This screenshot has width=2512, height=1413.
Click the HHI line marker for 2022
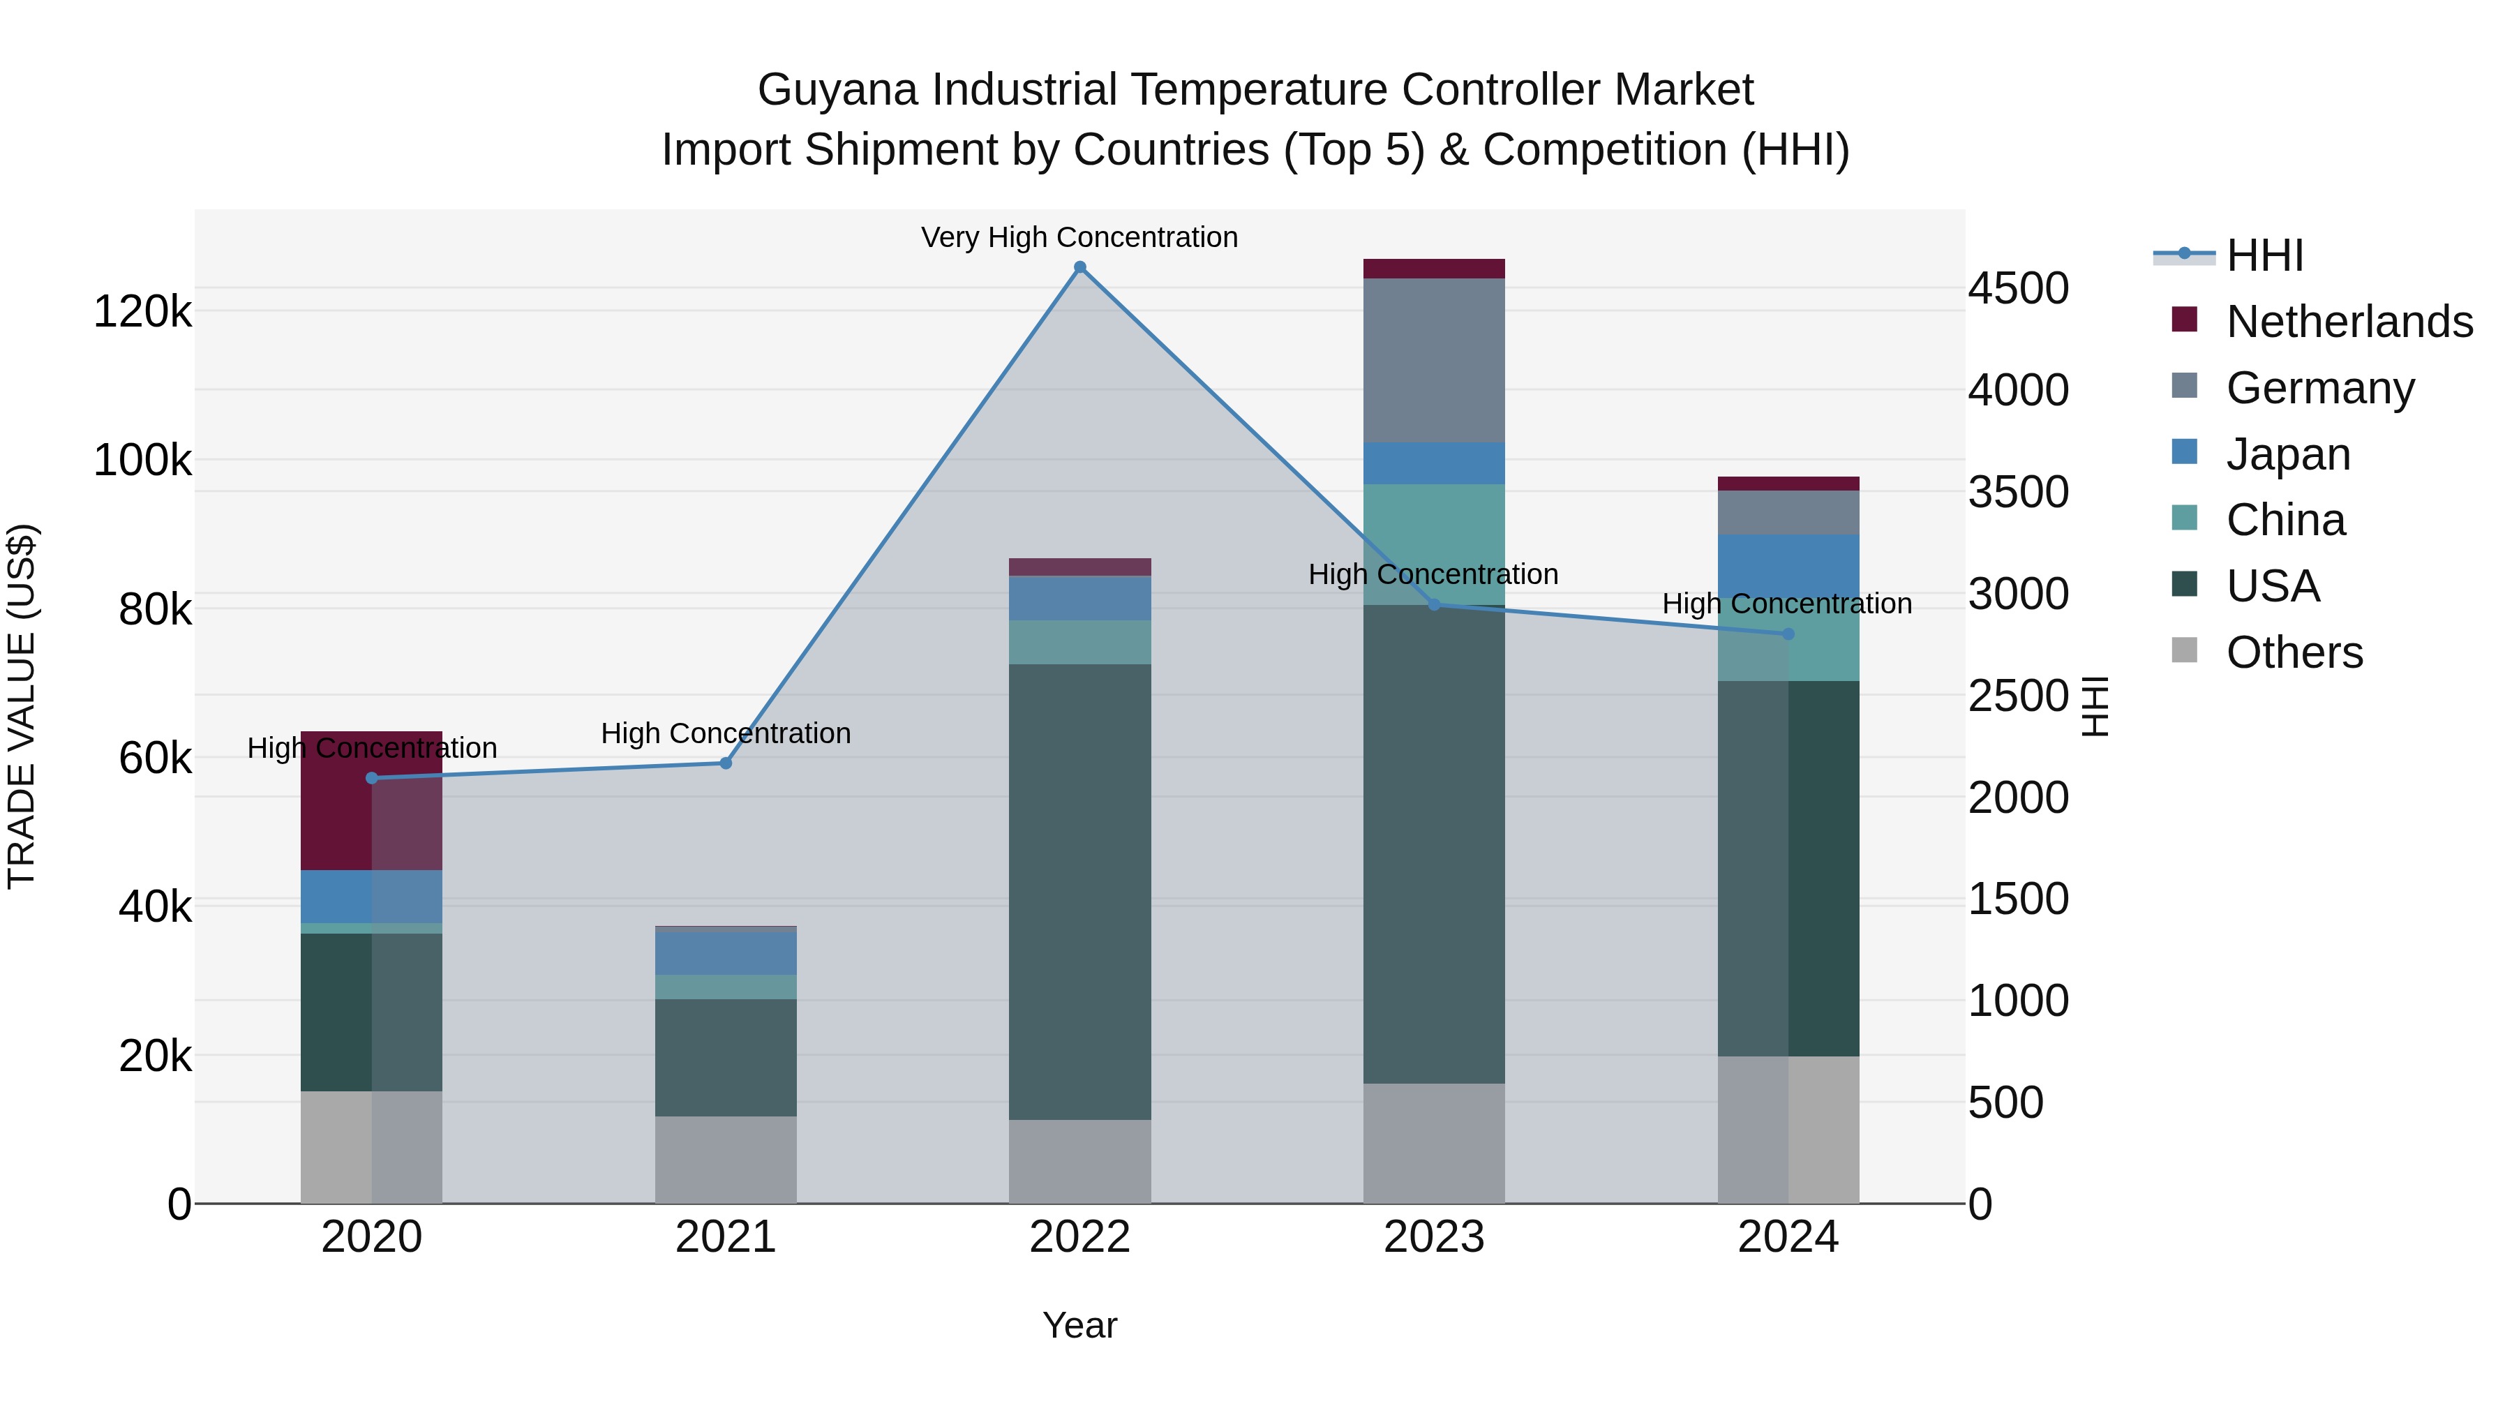coord(1079,267)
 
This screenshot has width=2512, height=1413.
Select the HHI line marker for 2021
coord(726,763)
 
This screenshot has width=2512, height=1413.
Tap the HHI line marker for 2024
coord(1788,634)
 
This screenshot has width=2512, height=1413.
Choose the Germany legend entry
coord(2320,387)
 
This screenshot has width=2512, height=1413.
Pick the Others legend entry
coord(2294,652)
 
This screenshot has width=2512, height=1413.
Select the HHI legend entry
coord(2264,255)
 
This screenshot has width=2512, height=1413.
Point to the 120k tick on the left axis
coord(142,312)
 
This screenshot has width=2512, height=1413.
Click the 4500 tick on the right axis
coord(2017,289)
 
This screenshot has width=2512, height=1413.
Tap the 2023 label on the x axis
coord(1433,1236)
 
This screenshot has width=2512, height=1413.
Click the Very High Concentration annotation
coord(1079,237)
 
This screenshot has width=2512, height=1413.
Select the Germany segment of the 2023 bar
coord(1433,360)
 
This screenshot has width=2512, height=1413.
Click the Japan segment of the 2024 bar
coord(1788,566)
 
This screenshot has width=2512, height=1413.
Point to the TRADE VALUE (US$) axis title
coord(22,706)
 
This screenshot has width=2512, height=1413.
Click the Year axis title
coord(1079,1325)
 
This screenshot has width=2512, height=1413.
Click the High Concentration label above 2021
coord(726,733)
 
